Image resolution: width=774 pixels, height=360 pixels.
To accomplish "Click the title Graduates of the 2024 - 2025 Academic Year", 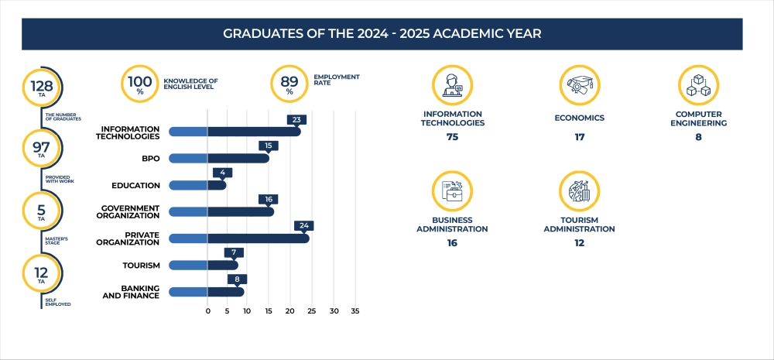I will pyautogui.click(x=382, y=34).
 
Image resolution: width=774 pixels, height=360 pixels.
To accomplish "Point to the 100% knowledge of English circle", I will pyautogui.click(x=140, y=84).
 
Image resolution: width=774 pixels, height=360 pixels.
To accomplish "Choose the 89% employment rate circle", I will pyautogui.click(x=289, y=84).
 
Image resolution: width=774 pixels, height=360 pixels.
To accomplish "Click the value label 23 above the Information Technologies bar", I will pyautogui.click(x=296, y=120).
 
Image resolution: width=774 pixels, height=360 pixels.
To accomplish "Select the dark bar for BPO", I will pyautogui.click(x=238, y=158).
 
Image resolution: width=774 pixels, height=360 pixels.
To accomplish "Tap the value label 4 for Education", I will pyautogui.click(x=222, y=173).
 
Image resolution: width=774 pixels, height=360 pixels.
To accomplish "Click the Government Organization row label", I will pyautogui.click(x=131, y=211).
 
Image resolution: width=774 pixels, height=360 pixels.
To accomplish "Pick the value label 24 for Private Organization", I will pyautogui.click(x=304, y=226).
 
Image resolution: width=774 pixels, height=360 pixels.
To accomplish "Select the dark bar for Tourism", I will pyautogui.click(x=222, y=266).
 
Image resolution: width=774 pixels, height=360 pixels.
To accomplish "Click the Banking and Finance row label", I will pyautogui.click(x=131, y=292).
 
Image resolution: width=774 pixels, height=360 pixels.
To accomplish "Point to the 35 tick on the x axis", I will pyautogui.click(x=355, y=311).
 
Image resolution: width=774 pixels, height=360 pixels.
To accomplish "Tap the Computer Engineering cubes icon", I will pyautogui.click(x=698, y=85).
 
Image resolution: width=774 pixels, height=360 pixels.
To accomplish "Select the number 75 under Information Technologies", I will pyautogui.click(x=453, y=137).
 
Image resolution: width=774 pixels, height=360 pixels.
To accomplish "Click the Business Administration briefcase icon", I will pyautogui.click(x=452, y=191).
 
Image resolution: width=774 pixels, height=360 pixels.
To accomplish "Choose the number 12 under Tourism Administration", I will pyautogui.click(x=579, y=243).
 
